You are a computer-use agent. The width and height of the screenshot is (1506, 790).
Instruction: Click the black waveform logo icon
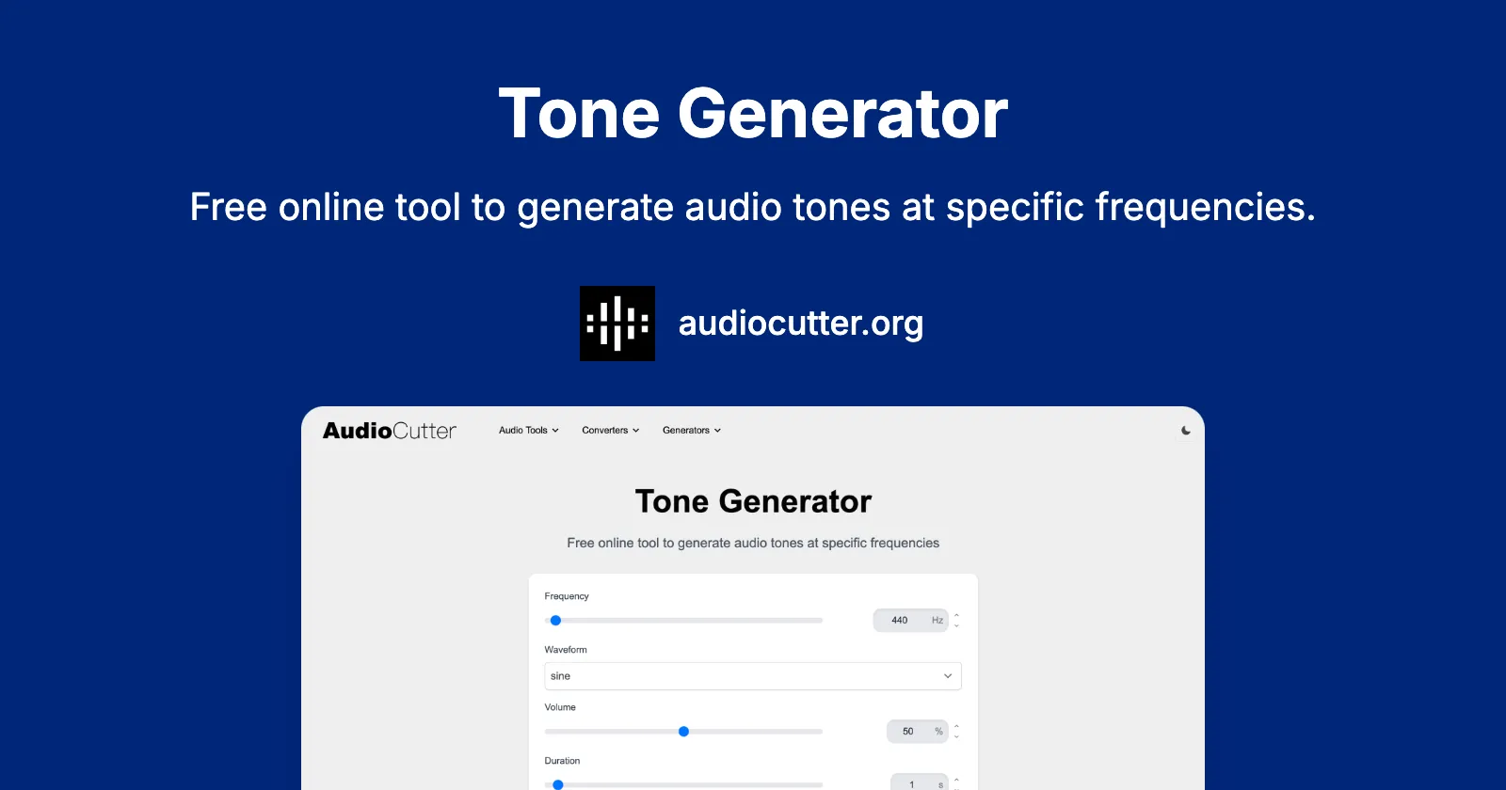pos(617,324)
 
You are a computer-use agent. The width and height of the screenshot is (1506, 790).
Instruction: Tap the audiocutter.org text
pos(800,324)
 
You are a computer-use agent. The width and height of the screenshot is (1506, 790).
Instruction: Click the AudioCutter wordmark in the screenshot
pos(389,431)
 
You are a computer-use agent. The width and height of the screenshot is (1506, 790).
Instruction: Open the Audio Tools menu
pos(528,431)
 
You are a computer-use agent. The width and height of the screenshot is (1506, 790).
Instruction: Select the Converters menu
pos(610,431)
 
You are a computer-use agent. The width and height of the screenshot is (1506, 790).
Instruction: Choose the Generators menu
pos(691,431)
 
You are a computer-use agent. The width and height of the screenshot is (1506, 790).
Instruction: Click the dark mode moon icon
pos(1186,431)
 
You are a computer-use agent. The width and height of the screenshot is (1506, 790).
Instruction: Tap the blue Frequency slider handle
pos(556,621)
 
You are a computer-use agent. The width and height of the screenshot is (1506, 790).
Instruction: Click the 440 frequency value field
pos(900,621)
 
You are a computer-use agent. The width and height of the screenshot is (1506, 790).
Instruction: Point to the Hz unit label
pos(937,621)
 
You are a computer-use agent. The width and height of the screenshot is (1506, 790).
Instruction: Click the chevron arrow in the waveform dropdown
pos(948,676)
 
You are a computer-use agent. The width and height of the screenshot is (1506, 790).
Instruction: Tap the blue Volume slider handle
pos(684,732)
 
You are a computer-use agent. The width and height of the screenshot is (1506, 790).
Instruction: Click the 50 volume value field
pos(908,732)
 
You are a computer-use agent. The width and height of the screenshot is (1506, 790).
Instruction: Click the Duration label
pos(562,761)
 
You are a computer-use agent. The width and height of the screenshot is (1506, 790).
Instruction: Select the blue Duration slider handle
pos(558,784)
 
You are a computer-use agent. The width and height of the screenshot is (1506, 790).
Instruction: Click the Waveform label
pos(566,650)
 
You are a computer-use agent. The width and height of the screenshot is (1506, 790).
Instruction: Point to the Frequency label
pos(567,596)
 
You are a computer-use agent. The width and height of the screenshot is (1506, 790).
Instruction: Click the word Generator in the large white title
pos(842,115)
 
